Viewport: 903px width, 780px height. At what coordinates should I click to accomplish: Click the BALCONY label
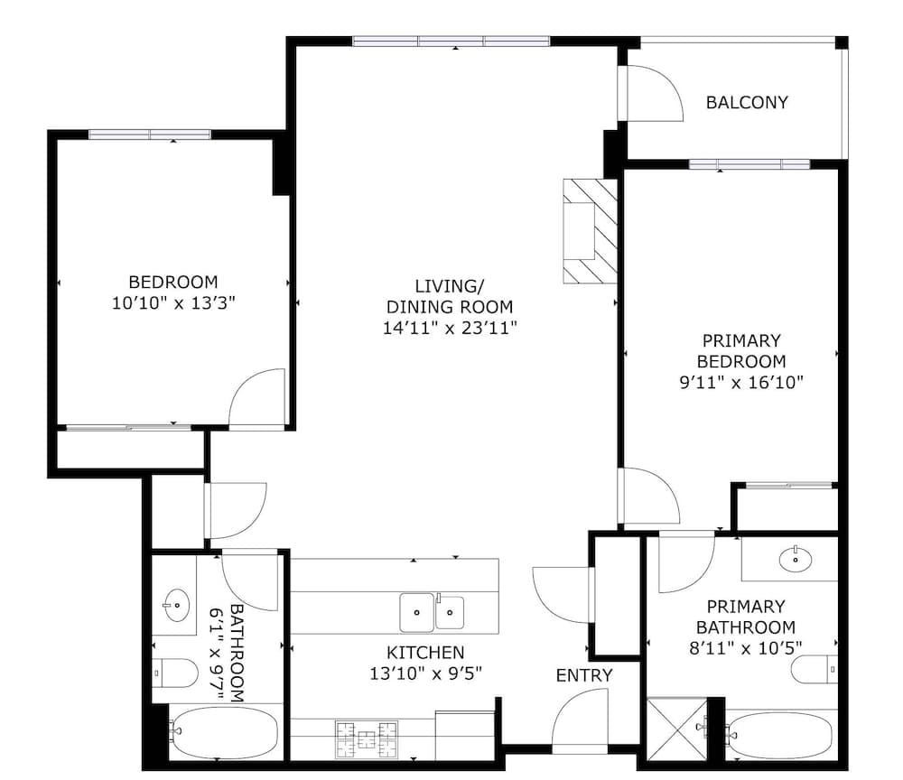[747, 102]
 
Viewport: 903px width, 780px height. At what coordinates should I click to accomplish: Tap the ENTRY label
[584, 675]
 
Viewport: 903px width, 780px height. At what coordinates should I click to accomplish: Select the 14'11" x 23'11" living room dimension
[450, 328]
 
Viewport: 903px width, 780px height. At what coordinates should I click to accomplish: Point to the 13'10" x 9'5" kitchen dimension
[425, 673]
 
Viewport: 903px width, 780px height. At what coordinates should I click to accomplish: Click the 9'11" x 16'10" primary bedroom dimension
[741, 382]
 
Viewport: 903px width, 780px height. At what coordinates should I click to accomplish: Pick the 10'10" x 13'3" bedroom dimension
[173, 302]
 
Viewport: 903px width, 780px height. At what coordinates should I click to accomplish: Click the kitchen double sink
[432, 612]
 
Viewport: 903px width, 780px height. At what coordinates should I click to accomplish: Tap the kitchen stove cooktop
[367, 738]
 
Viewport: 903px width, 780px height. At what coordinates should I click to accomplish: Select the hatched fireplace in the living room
[591, 231]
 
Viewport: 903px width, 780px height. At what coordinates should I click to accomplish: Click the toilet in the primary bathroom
[814, 670]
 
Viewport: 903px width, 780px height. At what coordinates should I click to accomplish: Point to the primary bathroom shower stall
[677, 731]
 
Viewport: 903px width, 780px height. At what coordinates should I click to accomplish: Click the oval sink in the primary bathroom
[796, 559]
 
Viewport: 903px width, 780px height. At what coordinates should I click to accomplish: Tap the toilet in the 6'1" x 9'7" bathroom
[175, 673]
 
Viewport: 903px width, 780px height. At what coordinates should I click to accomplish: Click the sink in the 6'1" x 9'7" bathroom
[177, 605]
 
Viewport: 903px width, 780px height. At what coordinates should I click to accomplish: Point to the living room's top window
[451, 41]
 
